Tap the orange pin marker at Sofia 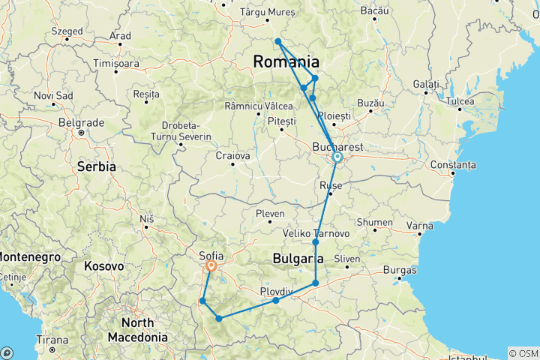(x=211, y=265)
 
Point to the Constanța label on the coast (x=453, y=164)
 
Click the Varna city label (x=418, y=224)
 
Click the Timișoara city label (x=116, y=64)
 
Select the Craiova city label (x=232, y=155)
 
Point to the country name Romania (x=286, y=62)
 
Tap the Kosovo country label (x=103, y=265)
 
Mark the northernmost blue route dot (x=277, y=41)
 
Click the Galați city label (x=425, y=82)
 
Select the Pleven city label (x=270, y=213)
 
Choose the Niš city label (x=146, y=219)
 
